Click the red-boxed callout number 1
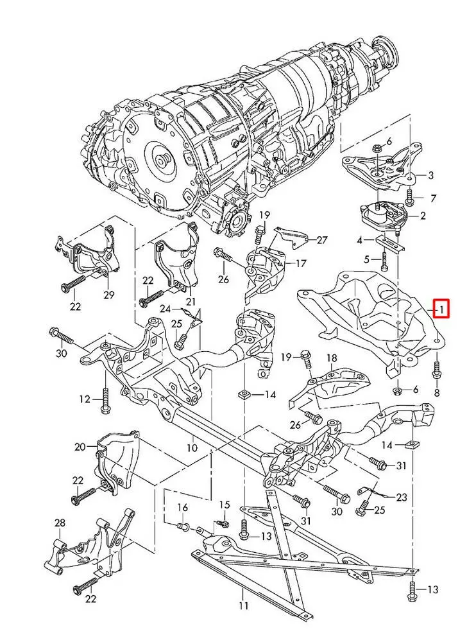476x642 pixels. [x=443, y=309]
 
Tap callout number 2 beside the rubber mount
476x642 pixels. [x=422, y=217]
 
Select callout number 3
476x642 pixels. [x=430, y=175]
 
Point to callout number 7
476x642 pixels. [x=433, y=198]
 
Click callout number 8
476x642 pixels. [x=437, y=392]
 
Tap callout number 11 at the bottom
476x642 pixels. [x=243, y=605]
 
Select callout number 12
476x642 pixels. [x=85, y=399]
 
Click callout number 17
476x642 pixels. [x=301, y=263]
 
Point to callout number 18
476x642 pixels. [x=332, y=358]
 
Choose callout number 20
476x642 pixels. [x=80, y=447]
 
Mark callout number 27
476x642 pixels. [x=321, y=240]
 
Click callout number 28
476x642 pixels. [x=60, y=524]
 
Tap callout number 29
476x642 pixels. [x=108, y=295]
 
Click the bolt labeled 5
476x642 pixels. [x=384, y=260]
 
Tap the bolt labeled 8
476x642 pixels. [x=436, y=369]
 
